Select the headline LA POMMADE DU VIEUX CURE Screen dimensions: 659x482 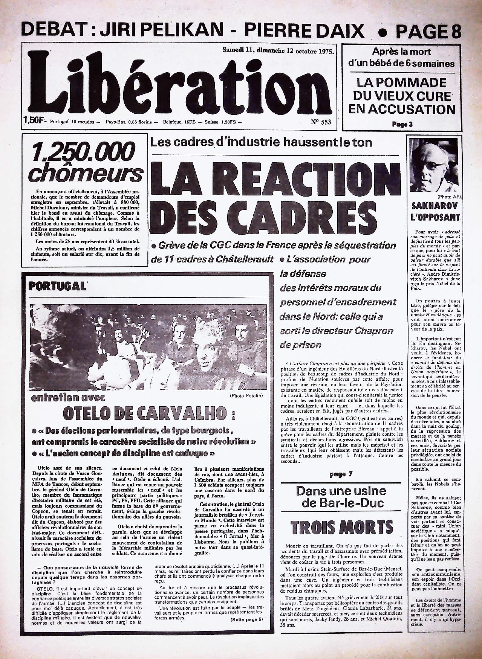(x=402, y=89)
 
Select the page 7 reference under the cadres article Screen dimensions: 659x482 (x=341, y=474)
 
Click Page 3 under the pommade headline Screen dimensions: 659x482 (x=402, y=124)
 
